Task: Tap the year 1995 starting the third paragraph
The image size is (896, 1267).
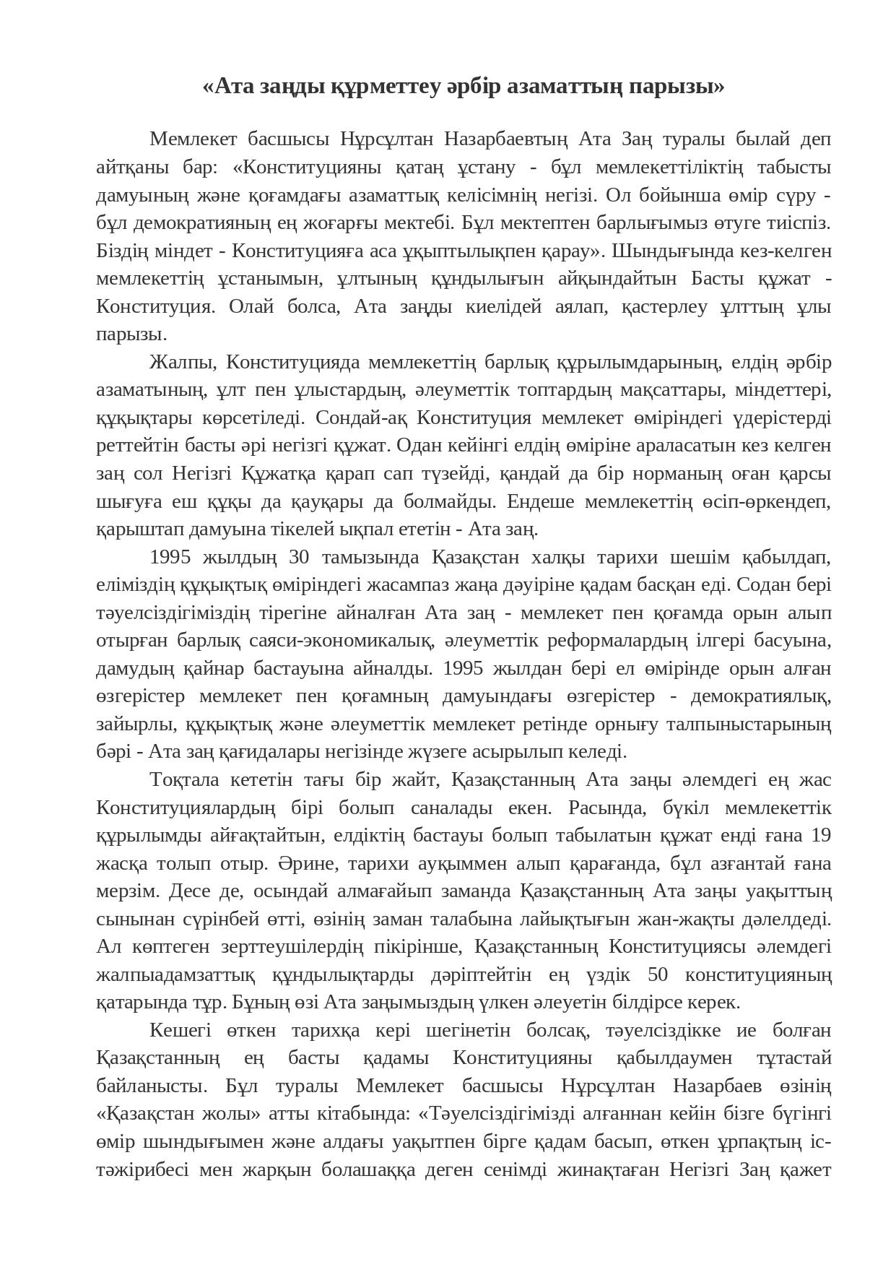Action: (169, 558)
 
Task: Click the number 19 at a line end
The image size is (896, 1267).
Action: (821, 836)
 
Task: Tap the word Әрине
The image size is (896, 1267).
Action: (303, 864)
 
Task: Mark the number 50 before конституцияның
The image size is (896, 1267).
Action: (658, 975)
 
